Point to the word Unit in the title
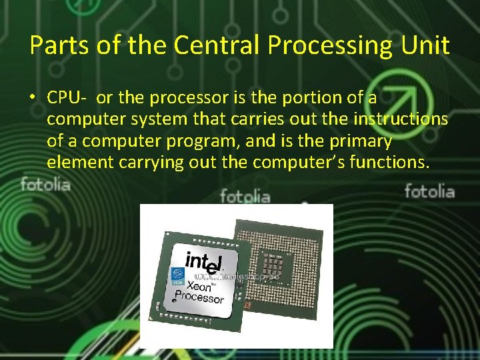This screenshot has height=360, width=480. tap(428, 45)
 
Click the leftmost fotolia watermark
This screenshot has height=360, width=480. tap(45, 184)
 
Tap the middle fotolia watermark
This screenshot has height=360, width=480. tap(245, 197)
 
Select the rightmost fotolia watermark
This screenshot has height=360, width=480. tap(429, 192)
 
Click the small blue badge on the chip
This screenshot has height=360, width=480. tap(178, 275)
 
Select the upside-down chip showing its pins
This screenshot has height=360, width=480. tap(279, 260)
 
